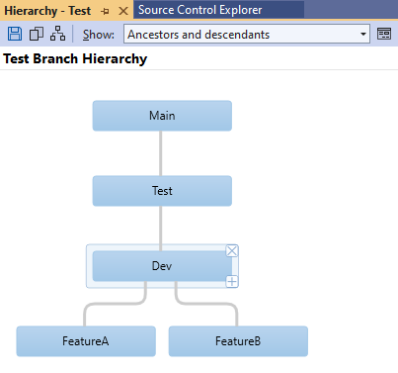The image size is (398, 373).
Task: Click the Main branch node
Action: [x=162, y=116]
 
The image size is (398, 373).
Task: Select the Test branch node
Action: [x=162, y=191]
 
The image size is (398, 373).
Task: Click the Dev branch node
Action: [x=162, y=266]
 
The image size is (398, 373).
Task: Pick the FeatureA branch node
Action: [x=86, y=341]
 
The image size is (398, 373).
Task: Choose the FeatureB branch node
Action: [x=238, y=341]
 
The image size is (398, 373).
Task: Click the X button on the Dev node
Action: [x=232, y=251]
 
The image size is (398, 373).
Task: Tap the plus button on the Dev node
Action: [x=232, y=282]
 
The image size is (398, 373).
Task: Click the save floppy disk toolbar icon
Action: [x=14, y=34]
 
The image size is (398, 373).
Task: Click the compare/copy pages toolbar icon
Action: [x=37, y=34]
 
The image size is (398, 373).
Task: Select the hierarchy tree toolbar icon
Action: [x=59, y=34]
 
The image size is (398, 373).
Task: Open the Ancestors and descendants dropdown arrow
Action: [x=363, y=35]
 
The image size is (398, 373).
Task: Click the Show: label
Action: [x=99, y=35]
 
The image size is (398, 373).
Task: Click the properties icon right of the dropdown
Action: [x=384, y=34]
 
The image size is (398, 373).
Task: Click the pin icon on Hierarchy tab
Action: [x=106, y=10]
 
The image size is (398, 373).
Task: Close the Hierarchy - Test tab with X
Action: [x=122, y=10]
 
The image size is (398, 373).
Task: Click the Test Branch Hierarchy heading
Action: [x=75, y=58]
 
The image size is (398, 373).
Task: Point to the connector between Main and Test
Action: [x=161, y=153]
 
